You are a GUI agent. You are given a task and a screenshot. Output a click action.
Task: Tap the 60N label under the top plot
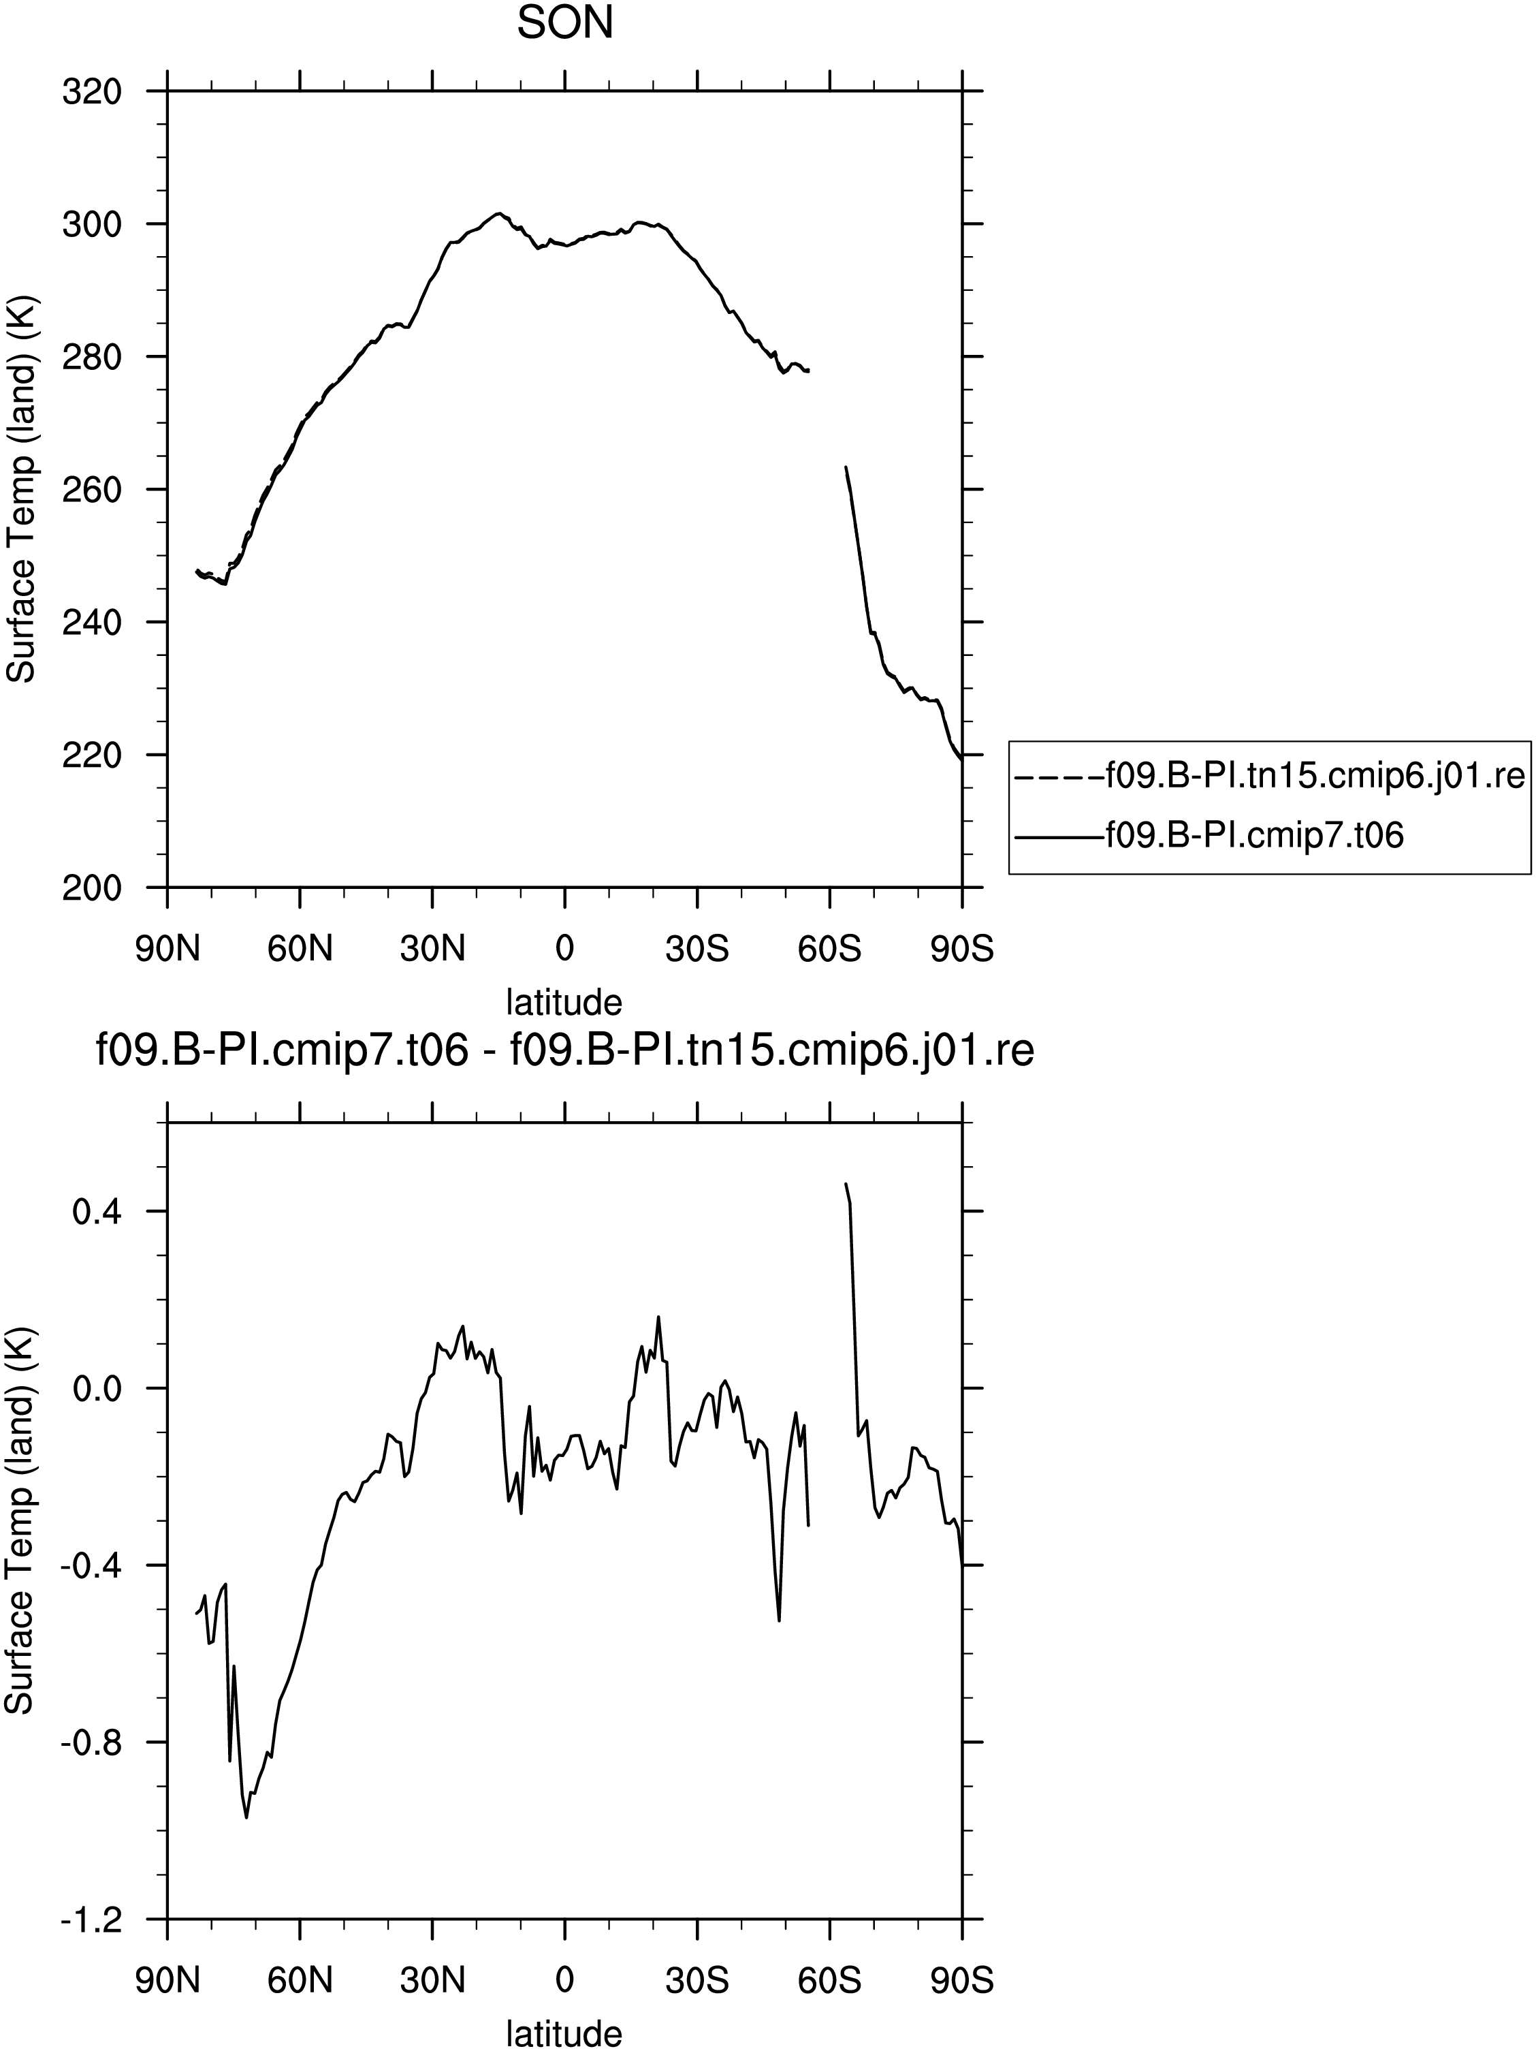300,949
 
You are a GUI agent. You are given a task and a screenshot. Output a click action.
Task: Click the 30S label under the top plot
697,949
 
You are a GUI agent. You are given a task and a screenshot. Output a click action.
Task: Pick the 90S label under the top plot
962,949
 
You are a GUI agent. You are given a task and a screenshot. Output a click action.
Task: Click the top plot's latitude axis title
564,1001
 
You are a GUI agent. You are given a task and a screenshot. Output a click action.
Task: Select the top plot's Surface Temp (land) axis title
20,490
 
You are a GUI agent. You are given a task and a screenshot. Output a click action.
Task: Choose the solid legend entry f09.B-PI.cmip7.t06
1211,835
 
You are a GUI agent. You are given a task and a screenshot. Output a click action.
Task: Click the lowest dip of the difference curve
246,1817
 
